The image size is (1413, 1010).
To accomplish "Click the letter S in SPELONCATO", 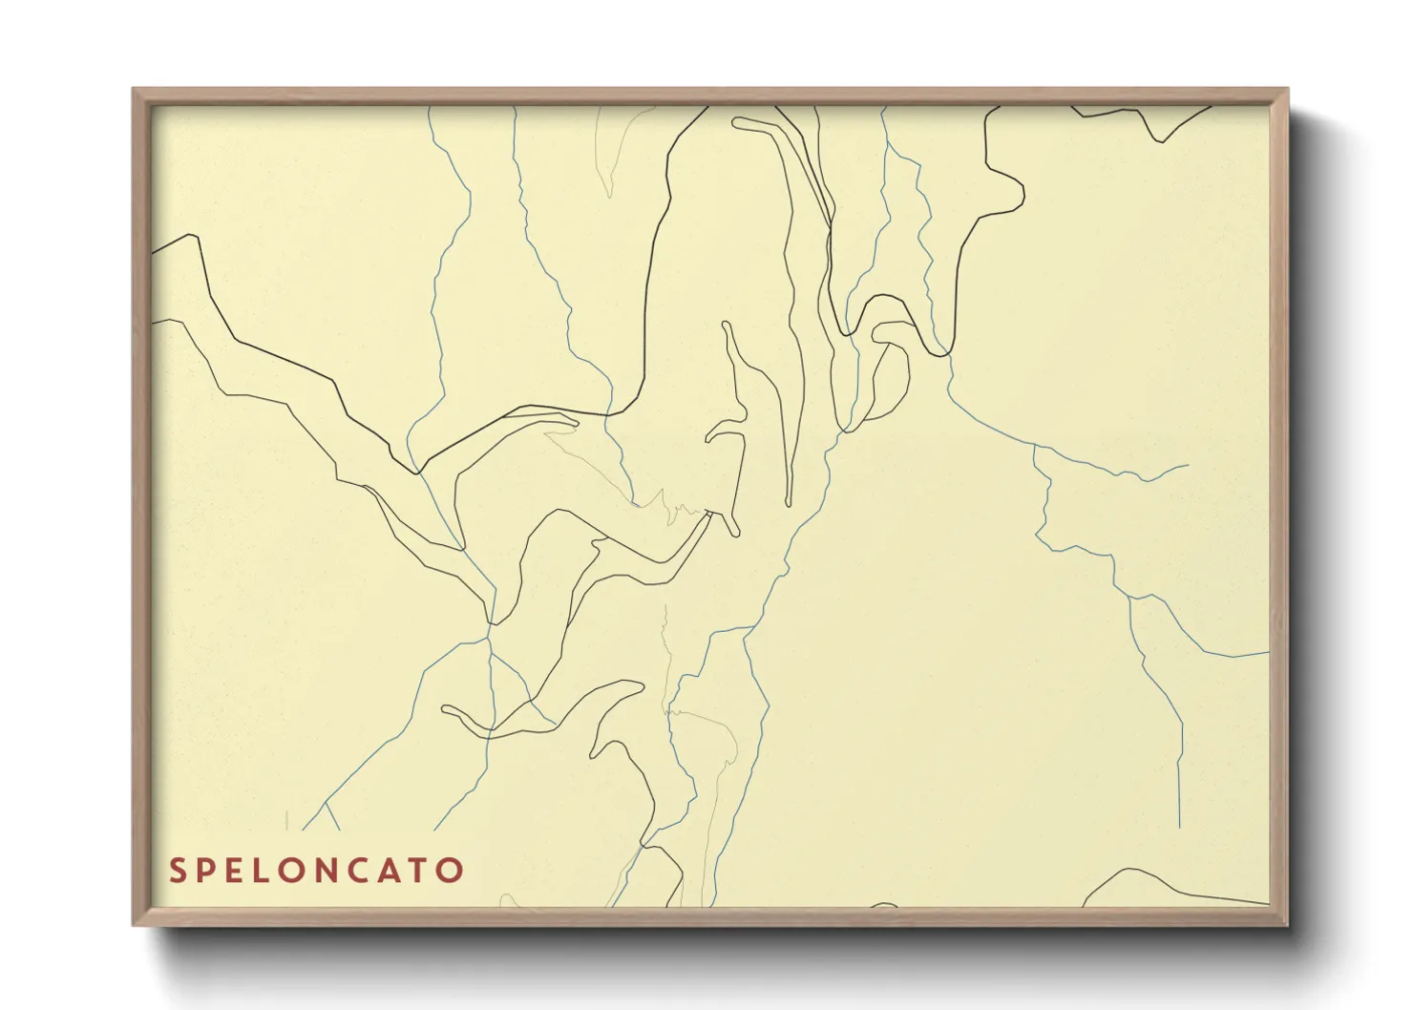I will [178, 871].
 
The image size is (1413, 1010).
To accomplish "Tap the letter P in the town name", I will [209, 871].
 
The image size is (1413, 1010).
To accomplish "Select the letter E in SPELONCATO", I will [240, 871].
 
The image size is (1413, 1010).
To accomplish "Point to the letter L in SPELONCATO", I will [268, 871].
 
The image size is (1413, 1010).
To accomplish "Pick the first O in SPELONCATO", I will [300, 871].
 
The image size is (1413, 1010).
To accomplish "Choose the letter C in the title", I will [371, 871].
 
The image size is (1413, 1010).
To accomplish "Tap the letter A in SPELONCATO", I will [402, 871].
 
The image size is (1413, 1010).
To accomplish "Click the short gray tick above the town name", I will [286, 819].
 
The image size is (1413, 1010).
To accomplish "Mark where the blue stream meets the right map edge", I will [1268, 653].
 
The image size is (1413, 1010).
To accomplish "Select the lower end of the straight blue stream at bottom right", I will [1180, 827].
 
